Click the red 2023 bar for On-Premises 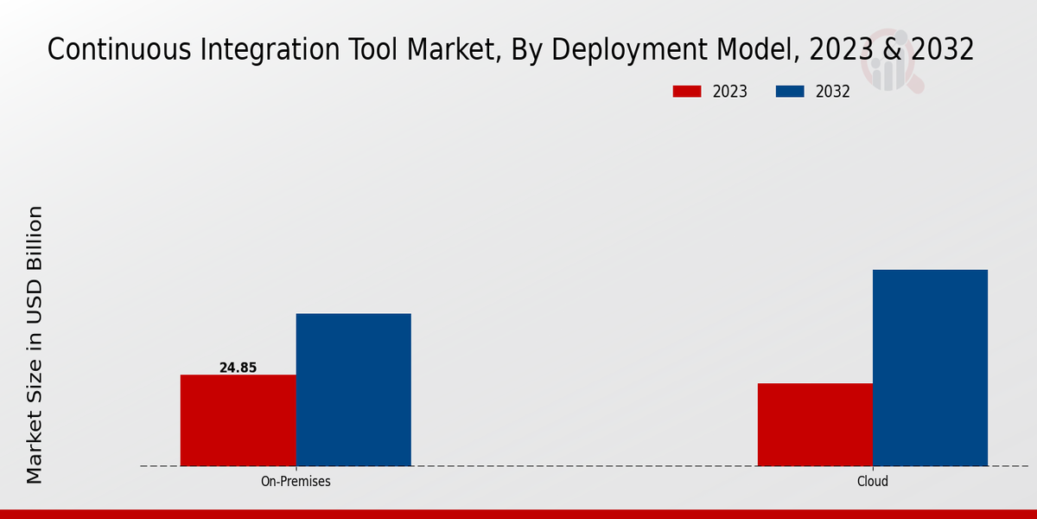pyautogui.click(x=238, y=420)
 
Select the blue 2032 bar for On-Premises pyautogui.click(x=353, y=389)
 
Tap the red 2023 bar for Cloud pyautogui.click(x=815, y=425)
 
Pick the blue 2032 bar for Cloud pyautogui.click(x=930, y=368)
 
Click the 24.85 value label pyautogui.click(x=238, y=368)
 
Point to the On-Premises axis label pyautogui.click(x=296, y=481)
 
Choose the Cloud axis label pyautogui.click(x=873, y=481)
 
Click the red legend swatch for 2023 pyautogui.click(x=687, y=92)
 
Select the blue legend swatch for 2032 pyautogui.click(x=791, y=92)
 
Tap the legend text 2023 pyautogui.click(x=730, y=92)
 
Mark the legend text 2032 pyautogui.click(x=833, y=92)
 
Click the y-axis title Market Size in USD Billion pyautogui.click(x=35, y=344)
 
